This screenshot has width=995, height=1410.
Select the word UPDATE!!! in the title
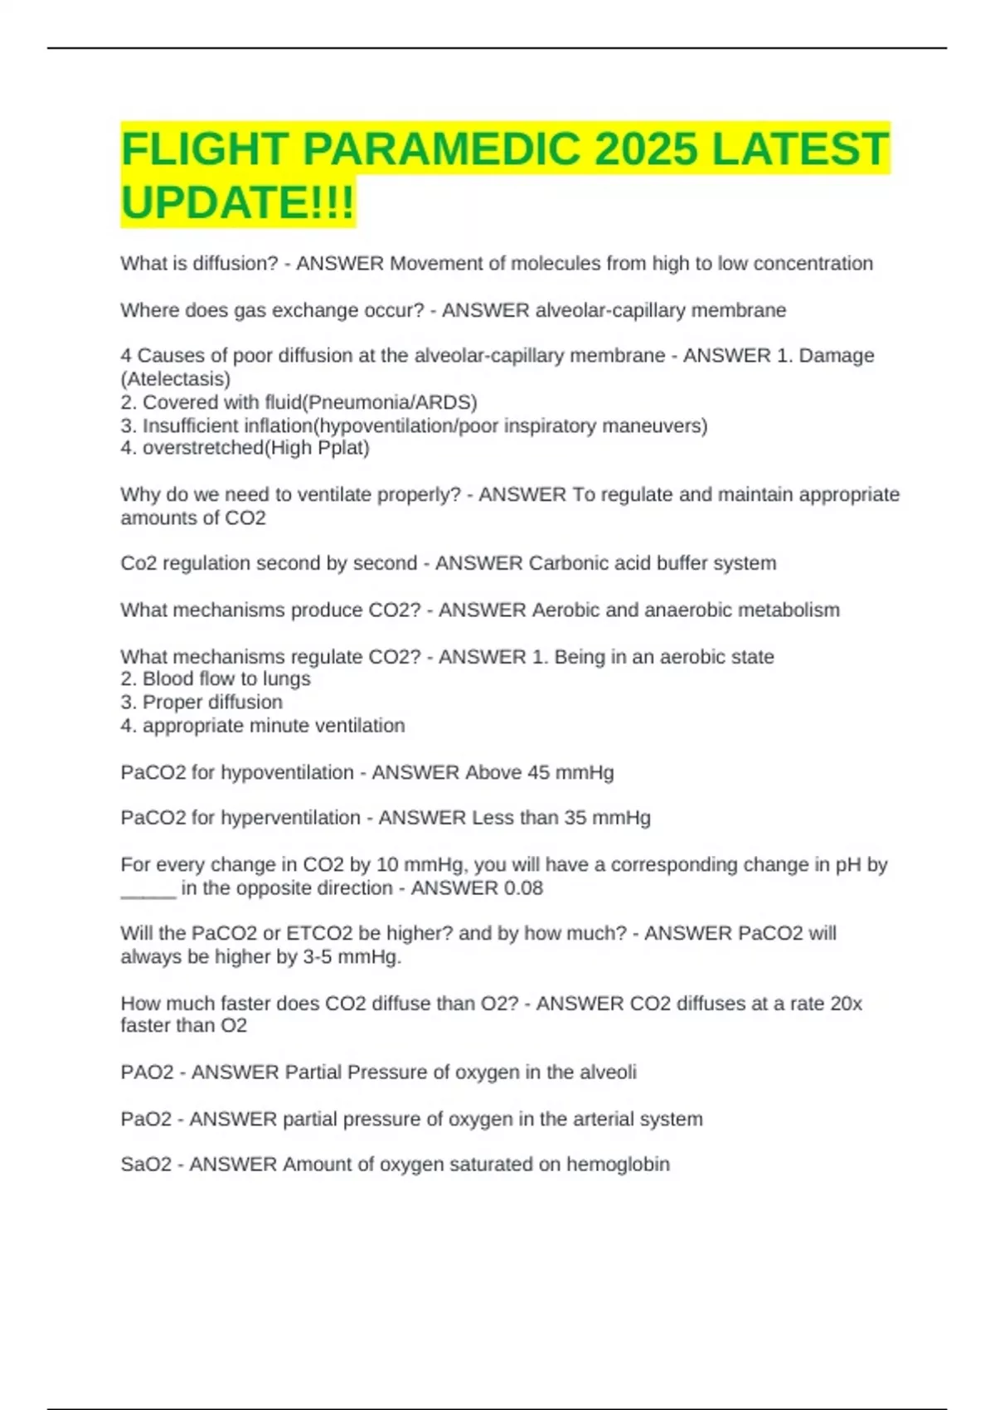coord(238,202)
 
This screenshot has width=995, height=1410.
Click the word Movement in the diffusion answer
coord(434,264)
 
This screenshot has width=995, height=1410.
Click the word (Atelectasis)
coord(176,379)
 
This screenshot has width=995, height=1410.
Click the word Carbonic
coord(568,563)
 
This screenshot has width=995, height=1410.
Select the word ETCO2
coord(319,933)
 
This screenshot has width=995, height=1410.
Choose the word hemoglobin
coord(618,1164)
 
